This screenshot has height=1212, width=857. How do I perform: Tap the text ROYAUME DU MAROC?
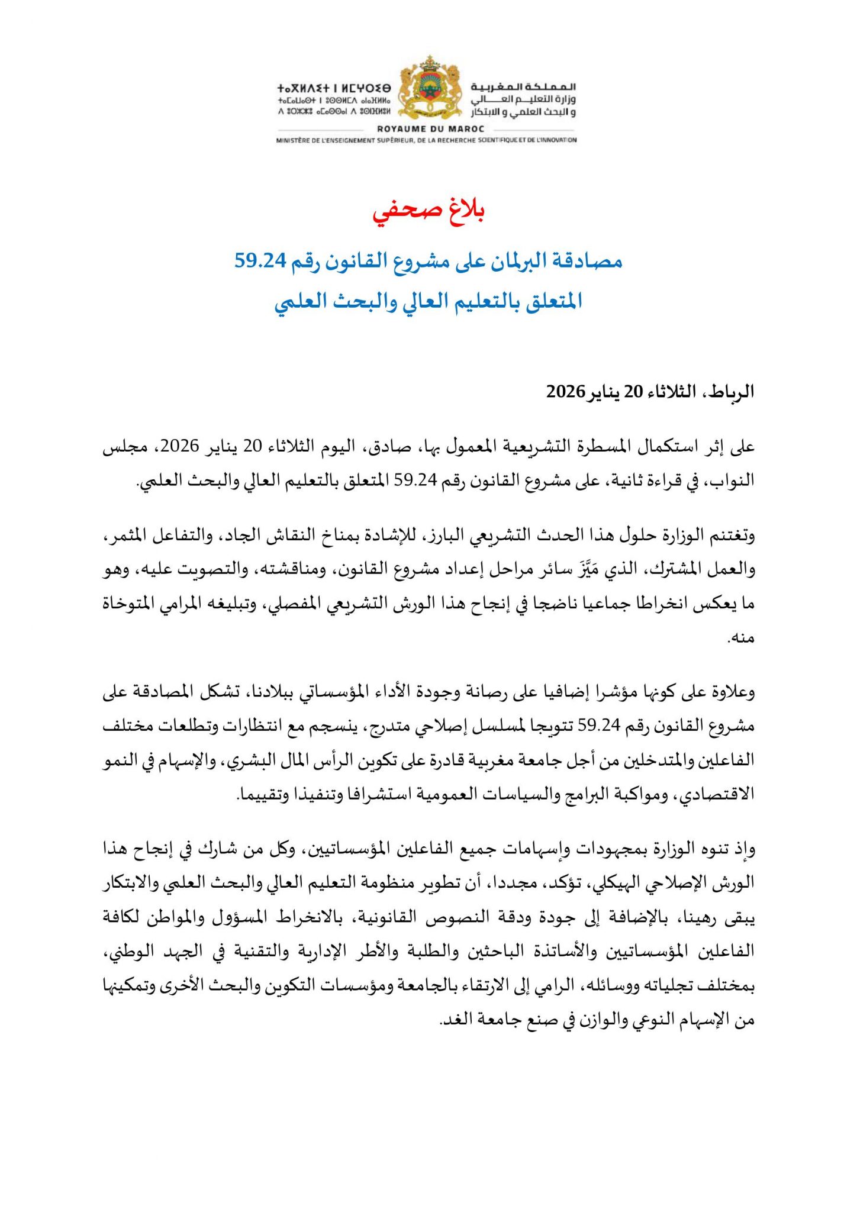(430, 128)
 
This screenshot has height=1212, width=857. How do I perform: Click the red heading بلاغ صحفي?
(428, 211)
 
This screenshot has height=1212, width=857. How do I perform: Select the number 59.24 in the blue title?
(260, 260)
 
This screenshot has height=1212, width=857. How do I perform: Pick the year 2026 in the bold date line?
(565, 392)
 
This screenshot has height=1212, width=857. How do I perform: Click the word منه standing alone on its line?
(742, 637)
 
